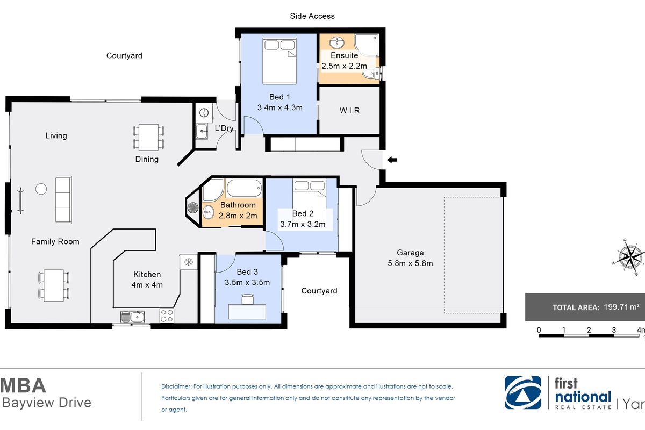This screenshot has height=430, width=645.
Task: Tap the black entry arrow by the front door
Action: (392, 159)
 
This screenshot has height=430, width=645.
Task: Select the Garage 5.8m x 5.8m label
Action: (411, 257)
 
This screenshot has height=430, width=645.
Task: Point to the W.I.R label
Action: (349, 111)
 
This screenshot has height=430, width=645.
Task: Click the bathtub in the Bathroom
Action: (244, 189)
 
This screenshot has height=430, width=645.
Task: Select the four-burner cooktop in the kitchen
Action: (167, 316)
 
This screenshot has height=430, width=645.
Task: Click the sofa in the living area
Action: (63, 199)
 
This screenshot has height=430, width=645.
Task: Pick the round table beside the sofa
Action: (41, 189)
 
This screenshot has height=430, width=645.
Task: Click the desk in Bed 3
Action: (248, 311)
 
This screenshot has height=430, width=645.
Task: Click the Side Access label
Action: (312, 16)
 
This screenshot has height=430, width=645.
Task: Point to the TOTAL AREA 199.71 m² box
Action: (585, 307)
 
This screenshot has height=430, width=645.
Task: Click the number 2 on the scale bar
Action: (589, 329)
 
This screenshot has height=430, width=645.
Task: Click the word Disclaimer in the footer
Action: (176, 386)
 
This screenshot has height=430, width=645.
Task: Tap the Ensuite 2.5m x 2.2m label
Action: (344, 60)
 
